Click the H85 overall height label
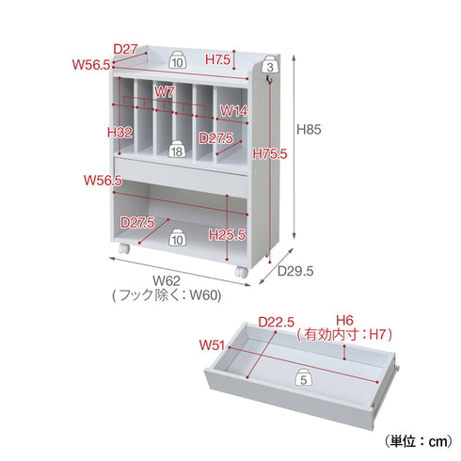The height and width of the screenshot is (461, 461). (x=309, y=129)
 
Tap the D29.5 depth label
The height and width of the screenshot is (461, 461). (x=295, y=271)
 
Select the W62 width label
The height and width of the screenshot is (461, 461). (x=167, y=280)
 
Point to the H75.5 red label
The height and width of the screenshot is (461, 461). (x=270, y=153)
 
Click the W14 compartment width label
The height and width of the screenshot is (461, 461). (x=233, y=111)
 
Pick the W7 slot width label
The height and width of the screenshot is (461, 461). (x=164, y=92)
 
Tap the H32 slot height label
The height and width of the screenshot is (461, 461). (x=119, y=133)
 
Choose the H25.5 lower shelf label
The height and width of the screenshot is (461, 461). (x=227, y=234)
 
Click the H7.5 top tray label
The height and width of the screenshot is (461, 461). (x=217, y=59)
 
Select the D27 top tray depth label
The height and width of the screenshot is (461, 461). (x=125, y=49)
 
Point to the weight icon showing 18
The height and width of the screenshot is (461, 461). (x=177, y=149)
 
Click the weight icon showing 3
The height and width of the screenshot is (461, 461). (x=270, y=64)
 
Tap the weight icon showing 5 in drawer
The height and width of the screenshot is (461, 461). (x=303, y=377)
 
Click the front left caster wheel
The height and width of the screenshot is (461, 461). (x=124, y=248)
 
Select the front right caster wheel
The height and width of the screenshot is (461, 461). (x=242, y=272)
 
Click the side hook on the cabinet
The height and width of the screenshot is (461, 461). (x=268, y=78)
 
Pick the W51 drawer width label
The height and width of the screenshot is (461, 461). (x=212, y=345)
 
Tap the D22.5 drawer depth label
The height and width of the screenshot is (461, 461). (x=276, y=322)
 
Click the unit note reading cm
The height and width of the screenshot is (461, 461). (x=419, y=441)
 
